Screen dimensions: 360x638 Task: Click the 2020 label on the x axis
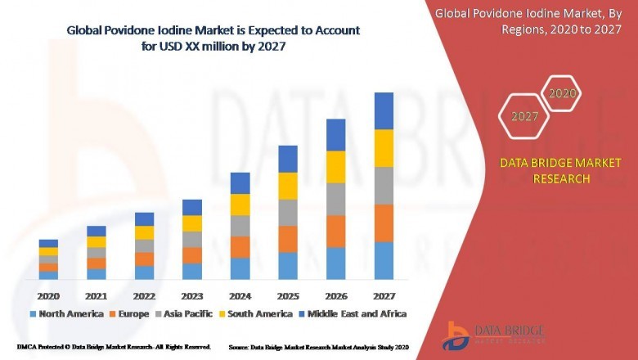pyautogui.click(x=48, y=295)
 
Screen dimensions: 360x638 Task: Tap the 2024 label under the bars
pyautogui.click(x=240, y=295)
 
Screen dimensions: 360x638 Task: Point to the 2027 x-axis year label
pyautogui.click(x=384, y=295)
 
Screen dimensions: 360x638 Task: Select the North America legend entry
pyautogui.click(x=66, y=314)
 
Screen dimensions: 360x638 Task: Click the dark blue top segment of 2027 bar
pyautogui.click(x=384, y=110)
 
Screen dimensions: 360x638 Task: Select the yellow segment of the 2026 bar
pyautogui.click(x=336, y=167)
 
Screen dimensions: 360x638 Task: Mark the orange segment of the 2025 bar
pyautogui.click(x=288, y=239)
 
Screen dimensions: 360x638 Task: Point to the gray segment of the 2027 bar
pyautogui.click(x=384, y=186)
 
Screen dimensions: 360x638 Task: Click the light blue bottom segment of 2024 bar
pyautogui.click(x=240, y=268)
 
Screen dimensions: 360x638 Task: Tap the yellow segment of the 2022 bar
pyautogui.click(x=144, y=232)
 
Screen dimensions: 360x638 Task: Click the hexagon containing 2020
pyautogui.click(x=562, y=94)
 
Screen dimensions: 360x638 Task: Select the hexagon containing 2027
pyautogui.click(x=525, y=117)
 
